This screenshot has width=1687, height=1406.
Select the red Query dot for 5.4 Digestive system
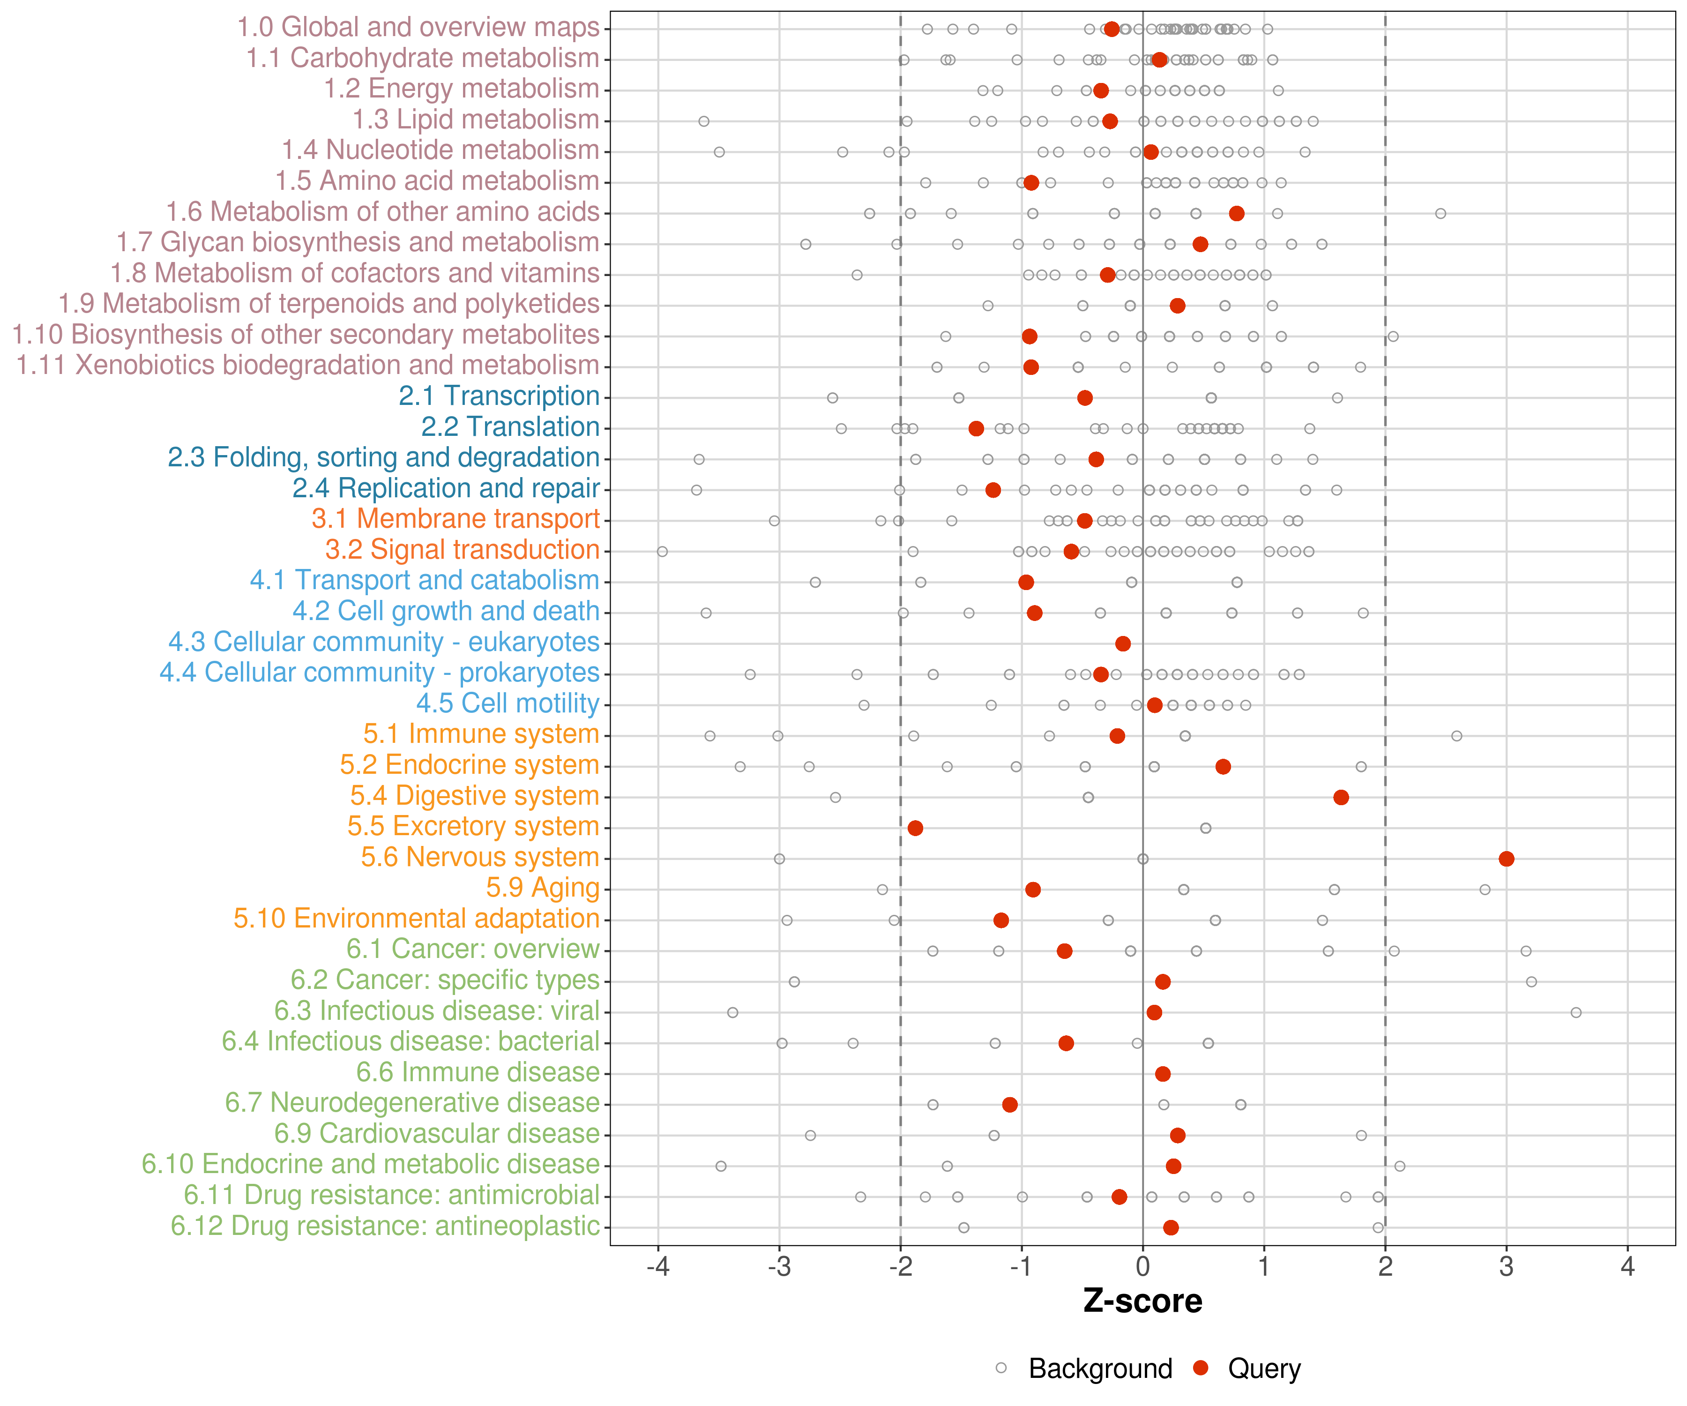point(1341,797)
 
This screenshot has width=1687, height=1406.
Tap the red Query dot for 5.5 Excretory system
point(915,828)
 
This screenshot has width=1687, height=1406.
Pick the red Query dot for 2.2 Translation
point(976,428)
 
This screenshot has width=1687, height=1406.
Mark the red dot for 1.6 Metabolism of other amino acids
point(1236,213)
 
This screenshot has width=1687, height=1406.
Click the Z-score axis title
point(1142,1301)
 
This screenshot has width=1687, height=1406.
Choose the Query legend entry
point(1264,1368)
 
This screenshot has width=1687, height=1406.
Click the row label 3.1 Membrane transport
point(455,519)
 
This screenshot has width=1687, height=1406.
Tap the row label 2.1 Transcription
point(499,396)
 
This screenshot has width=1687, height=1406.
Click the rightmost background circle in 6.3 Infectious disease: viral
point(1576,1012)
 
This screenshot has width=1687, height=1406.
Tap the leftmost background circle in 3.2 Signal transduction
point(662,551)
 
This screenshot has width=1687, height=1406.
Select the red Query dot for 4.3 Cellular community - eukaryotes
point(1123,643)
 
